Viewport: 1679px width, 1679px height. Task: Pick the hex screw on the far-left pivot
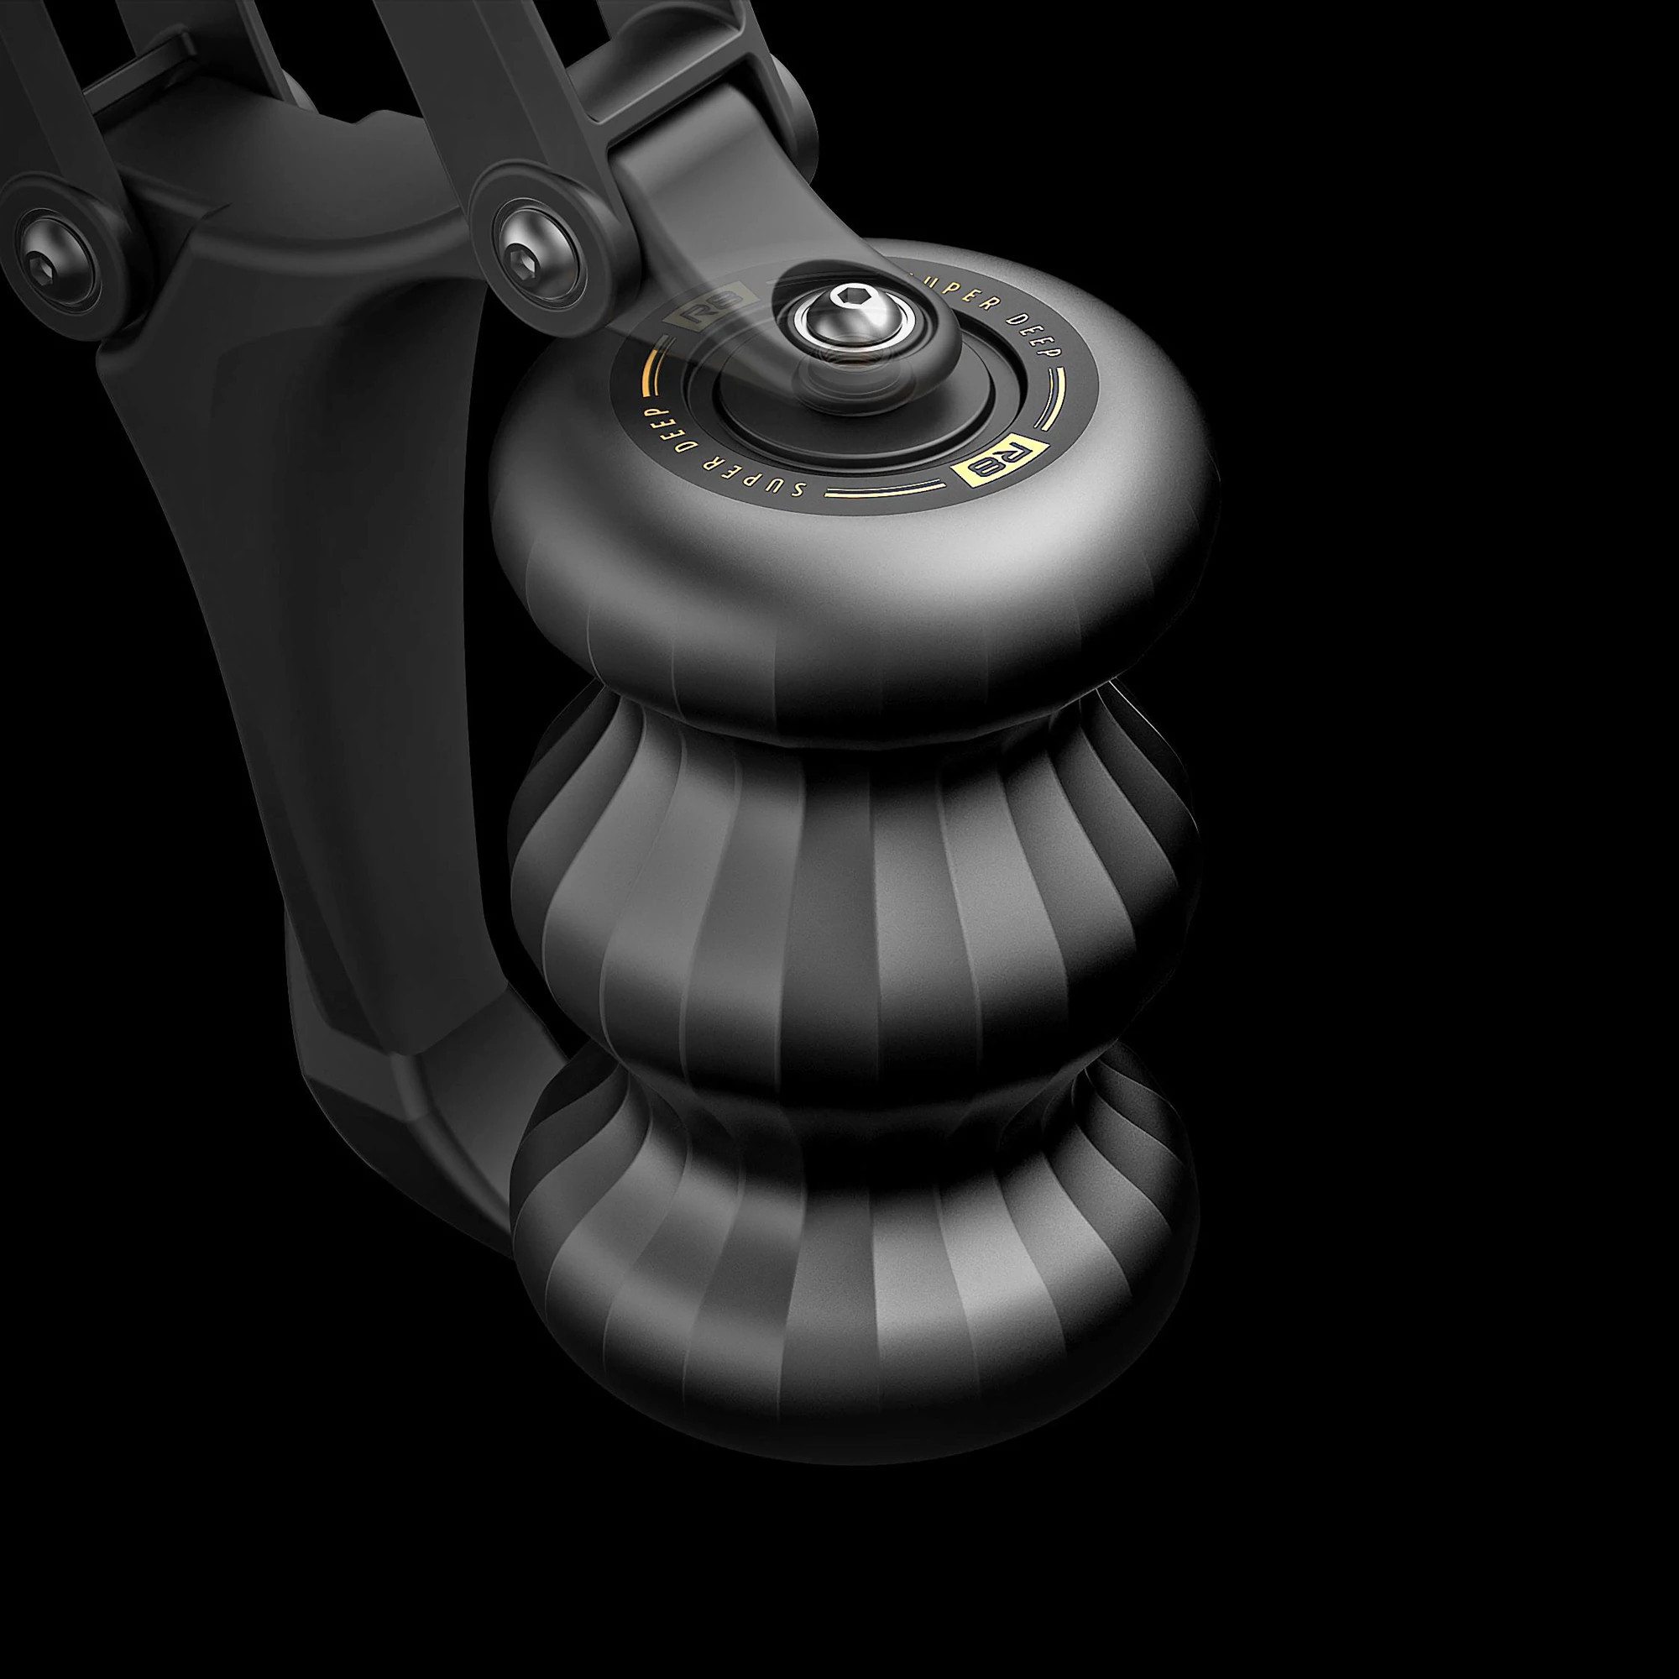[42, 261]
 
